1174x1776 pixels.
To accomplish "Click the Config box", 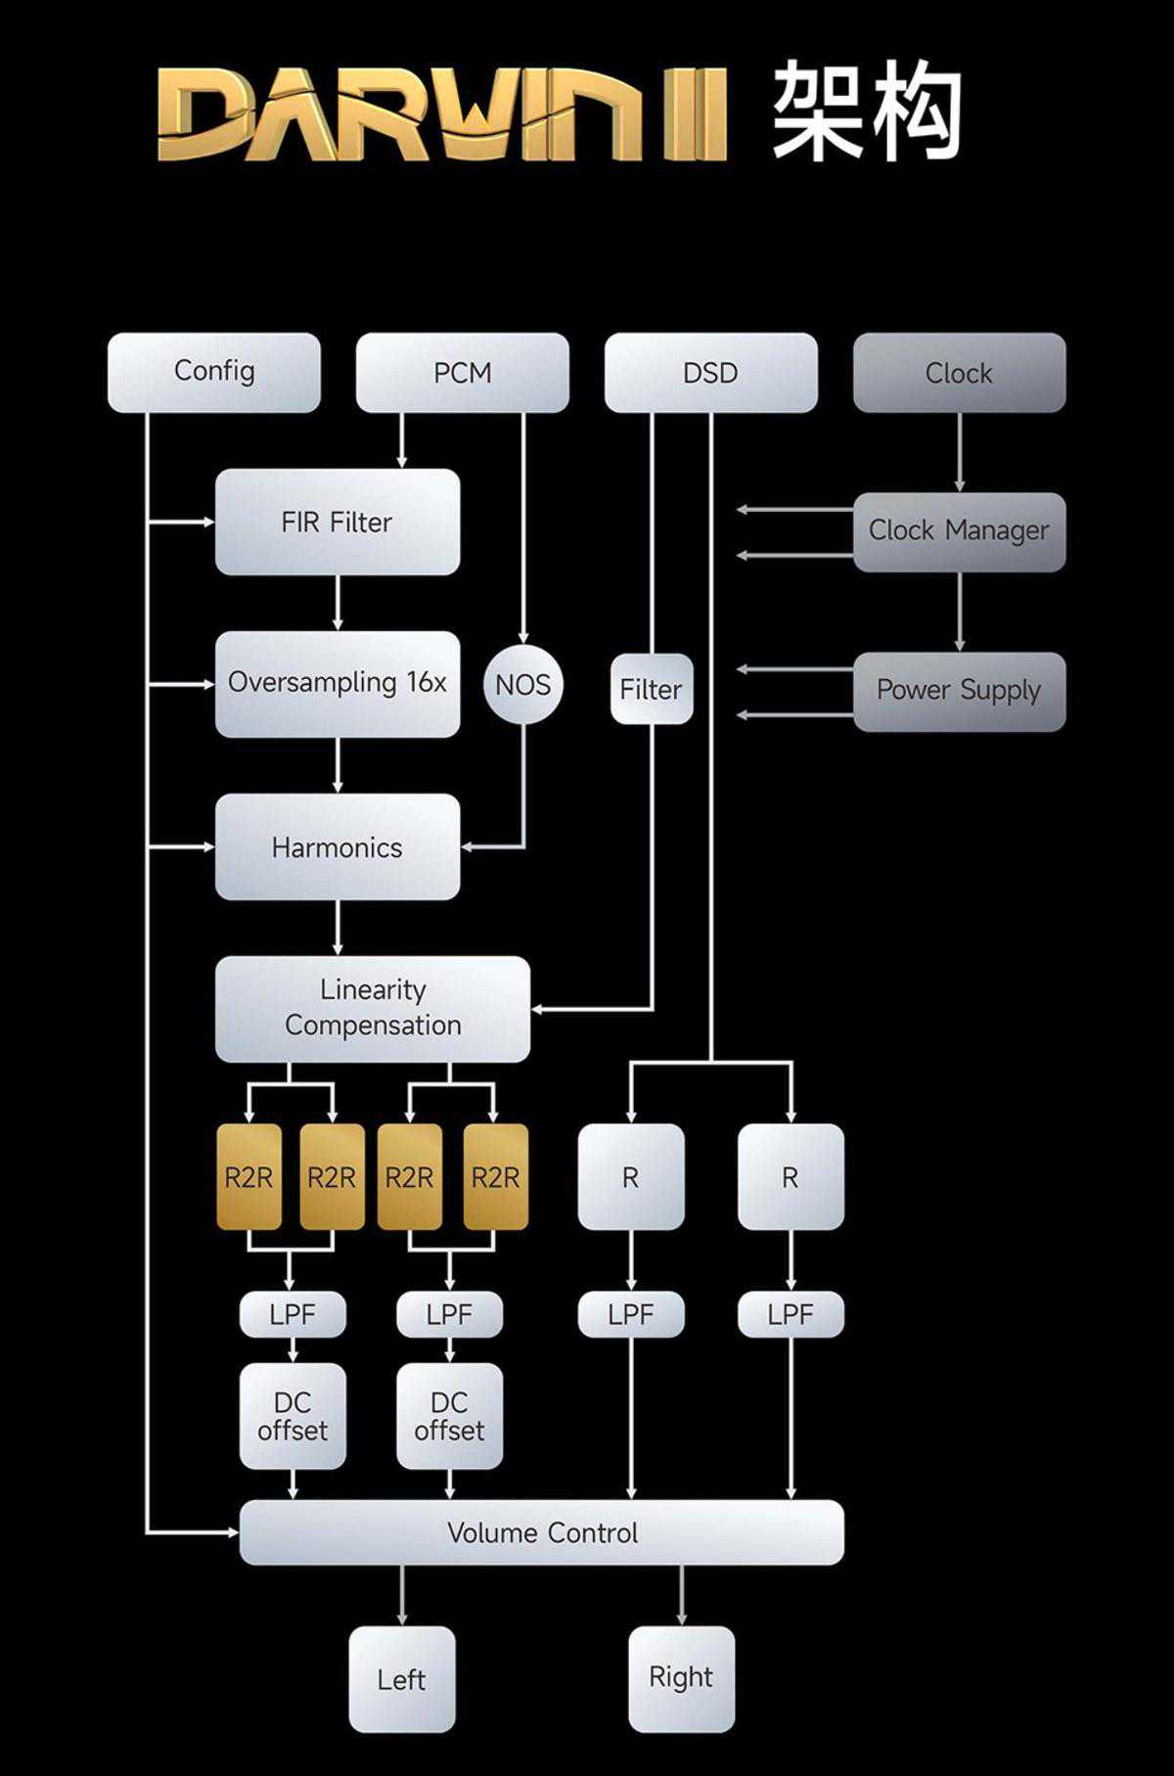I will pyautogui.click(x=213, y=372).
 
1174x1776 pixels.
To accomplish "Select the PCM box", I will pyautogui.click(x=462, y=372).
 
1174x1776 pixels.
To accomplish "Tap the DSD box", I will pyautogui.click(x=710, y=372).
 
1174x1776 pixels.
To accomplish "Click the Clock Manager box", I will pyautogui.click(x=959, y=531).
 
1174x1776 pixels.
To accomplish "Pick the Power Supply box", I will pyautogui.click(x=959, y=691).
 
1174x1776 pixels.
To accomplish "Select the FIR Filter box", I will pyautogui.click(x=337, y=522).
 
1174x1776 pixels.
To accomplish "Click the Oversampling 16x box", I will pyautogui.click(x=337, y=683).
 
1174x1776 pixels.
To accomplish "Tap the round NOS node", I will pyautogui.click(x=522, y=685).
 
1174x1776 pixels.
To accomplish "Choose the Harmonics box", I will pyautogui.click(x=337, y=846).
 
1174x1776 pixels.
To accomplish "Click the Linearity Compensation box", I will pyautogui.click(x=372, y=1008).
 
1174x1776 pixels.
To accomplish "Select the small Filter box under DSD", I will pyautogui.click(x=651, y=690).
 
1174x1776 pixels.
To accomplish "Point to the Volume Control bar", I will pyautogui.click(x=541, y=1532).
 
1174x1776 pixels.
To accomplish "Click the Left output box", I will pyautogui.click(x=401, y=1679).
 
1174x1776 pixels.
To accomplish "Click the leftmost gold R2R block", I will pyautogui.click(x=248, y=1176).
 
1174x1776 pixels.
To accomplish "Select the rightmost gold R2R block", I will pyautogui.click(x=495, y=1176).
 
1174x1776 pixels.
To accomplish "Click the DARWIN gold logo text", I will pyautogui.click(x=440, y=113).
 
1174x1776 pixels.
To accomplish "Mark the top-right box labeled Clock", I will pyautogui.click(x=959, y=372).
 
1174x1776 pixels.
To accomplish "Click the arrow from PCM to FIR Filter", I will pyautogui.click(x=401, y=440).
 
